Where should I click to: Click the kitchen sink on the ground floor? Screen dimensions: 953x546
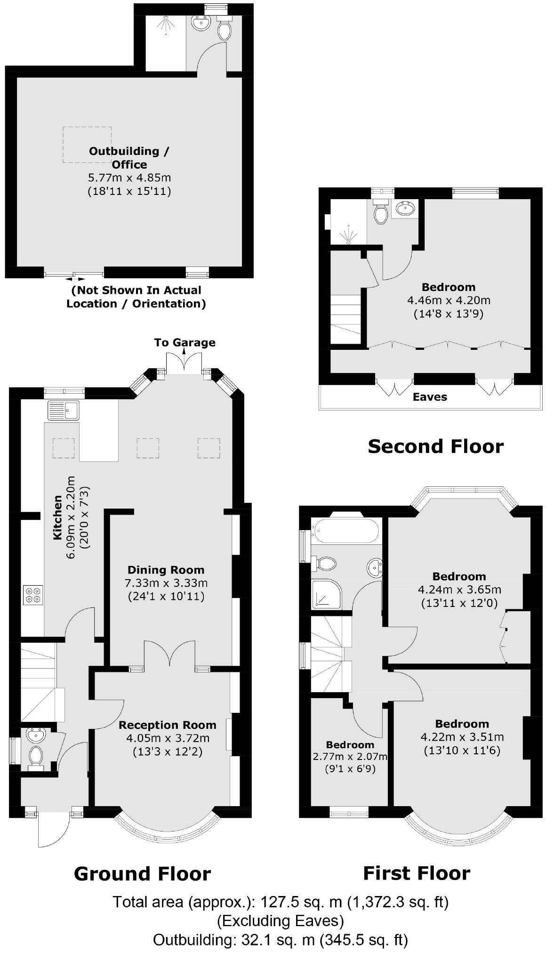(64, 410)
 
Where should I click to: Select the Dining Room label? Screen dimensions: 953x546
(166, 570)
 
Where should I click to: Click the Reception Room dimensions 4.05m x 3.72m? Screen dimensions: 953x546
(168, 738)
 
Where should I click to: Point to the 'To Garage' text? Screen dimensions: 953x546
(185, 342)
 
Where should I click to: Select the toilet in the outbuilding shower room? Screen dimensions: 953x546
(225, 30)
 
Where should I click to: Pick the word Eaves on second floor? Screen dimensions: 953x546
(430, 397)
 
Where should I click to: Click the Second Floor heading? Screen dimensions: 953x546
(435, 446)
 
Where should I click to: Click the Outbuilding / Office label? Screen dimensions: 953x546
(129, 158)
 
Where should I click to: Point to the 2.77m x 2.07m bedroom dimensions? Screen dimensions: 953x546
(350, 757)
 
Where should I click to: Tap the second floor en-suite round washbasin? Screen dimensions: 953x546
(405, 208)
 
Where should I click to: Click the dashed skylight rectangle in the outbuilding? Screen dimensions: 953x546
(87, 145)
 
